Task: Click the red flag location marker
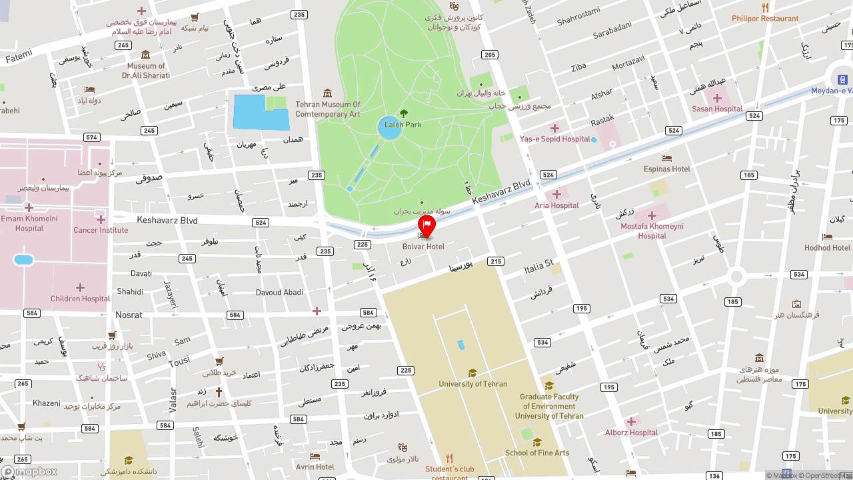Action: (426, 225)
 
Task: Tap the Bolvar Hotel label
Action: (423, 247)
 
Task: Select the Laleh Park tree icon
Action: (403, 113)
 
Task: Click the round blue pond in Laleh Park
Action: (390, 128)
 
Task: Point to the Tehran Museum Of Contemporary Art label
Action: (328, 109)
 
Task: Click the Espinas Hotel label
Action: (667, 169)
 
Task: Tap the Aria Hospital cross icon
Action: (556, 195)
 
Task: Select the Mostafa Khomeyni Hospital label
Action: (652, 231)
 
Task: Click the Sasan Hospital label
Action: (717, 109)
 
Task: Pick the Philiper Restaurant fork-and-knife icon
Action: (765, 7)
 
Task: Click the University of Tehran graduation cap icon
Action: (472, 373)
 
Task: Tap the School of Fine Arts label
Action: (537, 453)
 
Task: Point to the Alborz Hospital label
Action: (632, 433)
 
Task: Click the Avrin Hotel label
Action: (315, 467)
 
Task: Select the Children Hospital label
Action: (80, 299)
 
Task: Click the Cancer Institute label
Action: (101, 231)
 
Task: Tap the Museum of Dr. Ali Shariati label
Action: (146, 71)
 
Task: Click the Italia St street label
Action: (538, 267)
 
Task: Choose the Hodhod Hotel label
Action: (827, 248)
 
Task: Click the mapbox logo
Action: (29, 471)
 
